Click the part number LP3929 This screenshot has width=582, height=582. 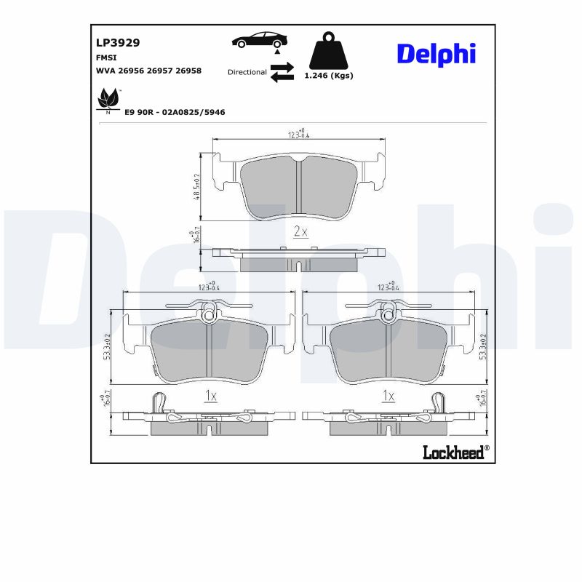click(117, 42)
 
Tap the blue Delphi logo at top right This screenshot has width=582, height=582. click(436, 54)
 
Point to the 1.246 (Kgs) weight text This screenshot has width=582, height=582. click(328, 76)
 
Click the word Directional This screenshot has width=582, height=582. click(247, 72)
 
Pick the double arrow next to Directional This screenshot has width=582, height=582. click(282, 72)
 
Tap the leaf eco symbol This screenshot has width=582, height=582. click(108, 98)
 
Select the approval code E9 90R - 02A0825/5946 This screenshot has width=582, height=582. click(175, 112)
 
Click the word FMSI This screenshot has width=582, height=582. click(107, 57)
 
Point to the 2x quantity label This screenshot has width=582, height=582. click(300, 232)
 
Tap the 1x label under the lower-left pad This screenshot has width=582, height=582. click(210, 396)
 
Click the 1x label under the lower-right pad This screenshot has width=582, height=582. click(388, 396)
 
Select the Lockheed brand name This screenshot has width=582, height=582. click(453, 453)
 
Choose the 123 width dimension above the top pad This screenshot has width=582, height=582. click(298, 133)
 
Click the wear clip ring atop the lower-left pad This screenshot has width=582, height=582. click(209, 315)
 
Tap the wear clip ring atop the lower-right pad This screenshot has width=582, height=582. click(388, 315)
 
